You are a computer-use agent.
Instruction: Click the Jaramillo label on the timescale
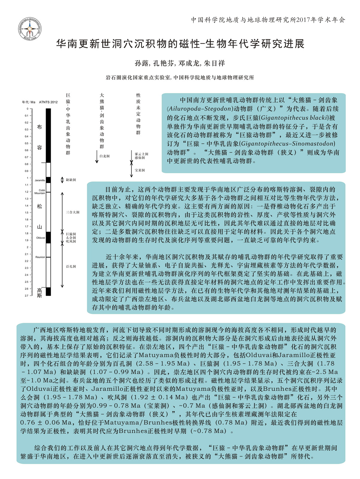pos(40,180)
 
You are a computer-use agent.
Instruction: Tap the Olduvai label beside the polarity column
pos(40,238)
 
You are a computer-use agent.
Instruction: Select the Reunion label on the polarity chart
pos(40,257)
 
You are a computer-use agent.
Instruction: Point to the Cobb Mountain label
pos(40,192)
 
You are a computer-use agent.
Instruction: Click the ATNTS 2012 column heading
pos(48,102)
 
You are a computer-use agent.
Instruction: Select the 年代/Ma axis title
pos(28,102)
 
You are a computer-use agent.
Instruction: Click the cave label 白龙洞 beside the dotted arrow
pos(104,156)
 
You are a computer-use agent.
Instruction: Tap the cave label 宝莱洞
pos(139,170)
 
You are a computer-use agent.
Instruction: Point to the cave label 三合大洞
pos(73,212)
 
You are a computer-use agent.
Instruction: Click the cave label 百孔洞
pos(71,266)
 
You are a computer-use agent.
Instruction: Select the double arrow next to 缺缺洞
pos(62,180)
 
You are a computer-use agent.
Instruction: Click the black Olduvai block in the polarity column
pos(48,237)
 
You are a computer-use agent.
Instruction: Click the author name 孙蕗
pos(142,63)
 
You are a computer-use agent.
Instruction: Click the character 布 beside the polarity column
pos(39,127)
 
